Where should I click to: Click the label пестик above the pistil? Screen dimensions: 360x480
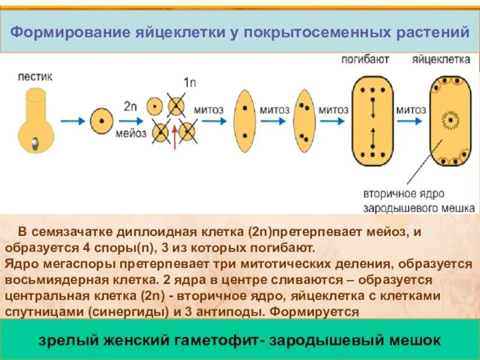[35, 77]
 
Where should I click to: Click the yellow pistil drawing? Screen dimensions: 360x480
[35, 120]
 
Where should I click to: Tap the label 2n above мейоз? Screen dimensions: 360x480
[131, 106]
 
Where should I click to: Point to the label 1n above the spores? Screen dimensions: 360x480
[190, 82]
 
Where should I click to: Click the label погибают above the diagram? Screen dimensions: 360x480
[365, 59]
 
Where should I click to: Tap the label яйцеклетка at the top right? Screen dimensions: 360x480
[441, 59]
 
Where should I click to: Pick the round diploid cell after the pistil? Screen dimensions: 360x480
[101, 121]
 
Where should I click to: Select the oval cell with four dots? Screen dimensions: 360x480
[305, 119]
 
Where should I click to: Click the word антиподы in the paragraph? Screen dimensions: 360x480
[236, 312]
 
